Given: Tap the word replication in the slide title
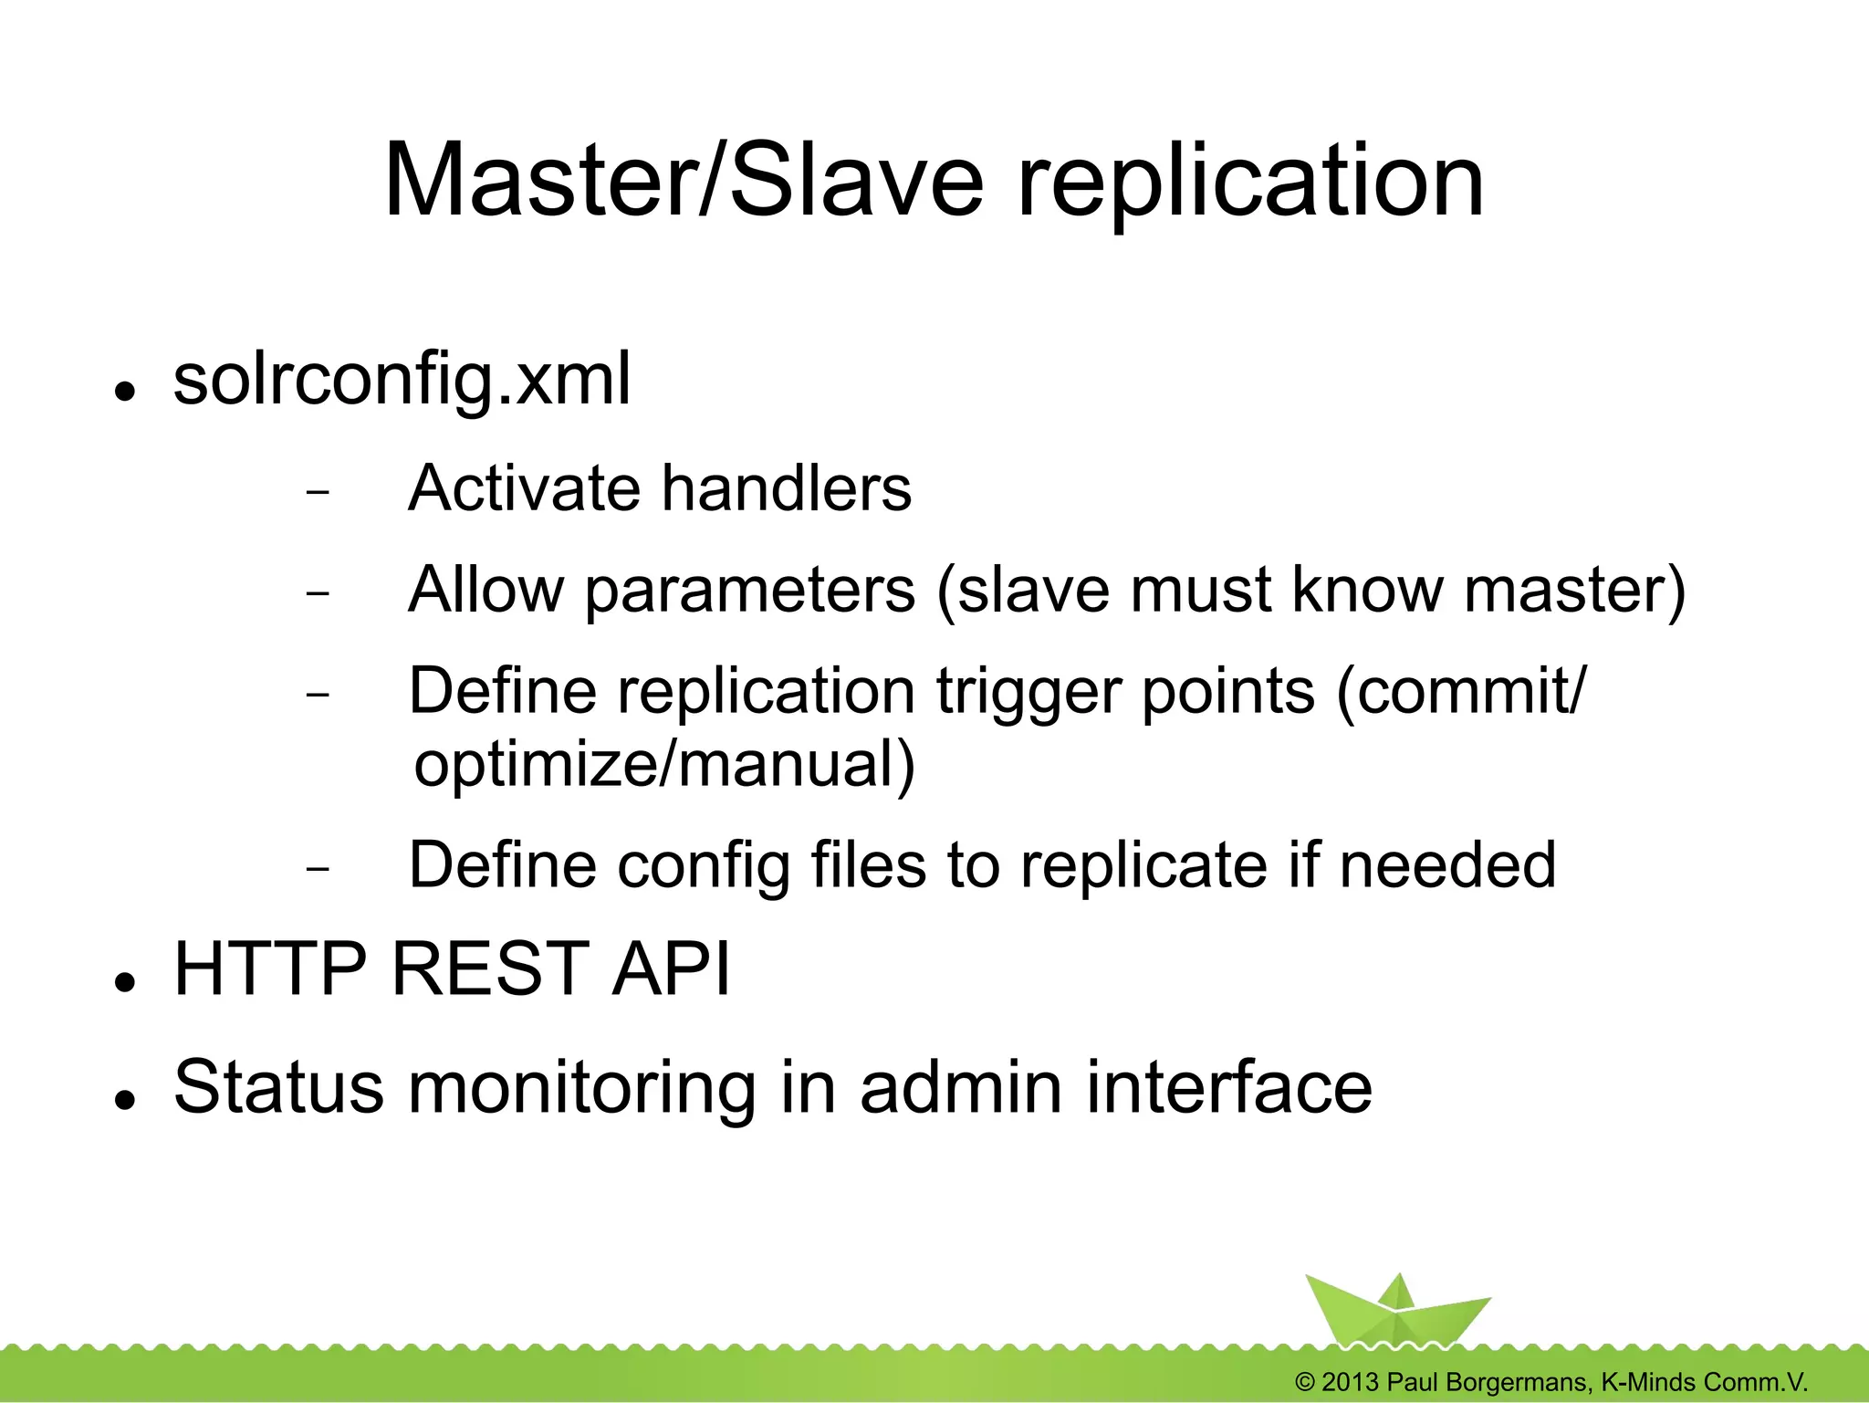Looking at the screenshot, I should (1249, 183).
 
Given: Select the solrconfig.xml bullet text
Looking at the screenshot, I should (402, 381).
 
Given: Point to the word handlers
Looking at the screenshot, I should (786, 488).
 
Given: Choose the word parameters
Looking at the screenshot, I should (749, 592).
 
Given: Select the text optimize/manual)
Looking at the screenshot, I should (663, 765).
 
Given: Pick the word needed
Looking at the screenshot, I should (1447, 864).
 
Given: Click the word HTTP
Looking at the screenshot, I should (270, 968).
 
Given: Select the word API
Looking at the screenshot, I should (671, 968).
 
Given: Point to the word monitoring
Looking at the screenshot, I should (581, 1089).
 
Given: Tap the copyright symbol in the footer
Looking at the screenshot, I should (1305, 1382).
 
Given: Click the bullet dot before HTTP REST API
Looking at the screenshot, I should (125, 982).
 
